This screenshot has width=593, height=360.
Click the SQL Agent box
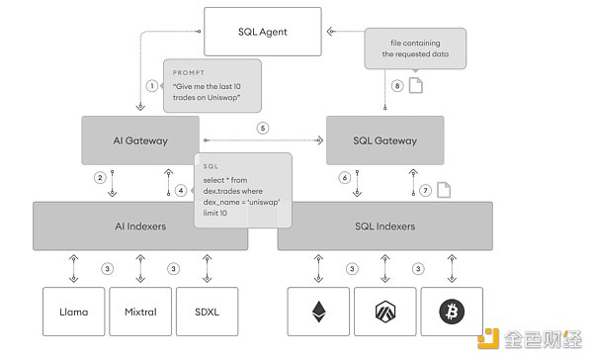coord(263,31)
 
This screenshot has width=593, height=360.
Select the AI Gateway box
coord(139,139)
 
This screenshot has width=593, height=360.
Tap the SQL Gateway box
coord(384,139)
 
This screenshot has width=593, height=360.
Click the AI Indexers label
coord(139,225)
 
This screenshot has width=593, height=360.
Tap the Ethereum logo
coord(317,312)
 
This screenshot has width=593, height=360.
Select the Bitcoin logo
coord(452,312)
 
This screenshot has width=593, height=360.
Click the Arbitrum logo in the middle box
coord(384,312)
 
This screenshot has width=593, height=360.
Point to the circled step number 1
coord(152,85)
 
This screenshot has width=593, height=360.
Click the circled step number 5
coord(262,129)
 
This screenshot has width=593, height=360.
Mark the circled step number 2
coord(101,178)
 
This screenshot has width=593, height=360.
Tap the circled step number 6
coord(345,178)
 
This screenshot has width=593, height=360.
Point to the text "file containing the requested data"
coord(414,46)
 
